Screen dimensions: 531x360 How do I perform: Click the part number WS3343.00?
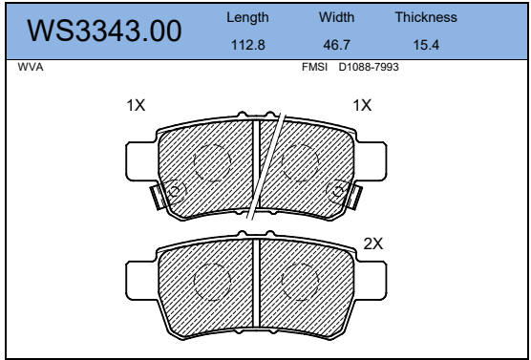pyautogui.click(x=104, y=31)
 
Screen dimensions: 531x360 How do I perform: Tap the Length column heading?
pyautogui.click(x=247, y=17)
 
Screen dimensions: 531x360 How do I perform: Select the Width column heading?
pyautogui.click(x=336, y=17)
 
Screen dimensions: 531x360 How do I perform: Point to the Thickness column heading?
pyautogui.click(x=426, y=17)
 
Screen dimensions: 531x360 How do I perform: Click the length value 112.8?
pyautogui.click(x=248, y=45)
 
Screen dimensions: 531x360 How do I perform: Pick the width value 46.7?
pyautogui.click(x=336, y=45)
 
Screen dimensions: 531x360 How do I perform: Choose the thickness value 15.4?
pyautogui.click(x=426, y=45)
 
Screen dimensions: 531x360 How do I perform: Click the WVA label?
pyautogui.click(x=31, y=67)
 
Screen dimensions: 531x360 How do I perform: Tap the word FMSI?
pyautogui.click(x=314, y=67)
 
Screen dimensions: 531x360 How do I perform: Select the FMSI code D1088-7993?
pyautogui.click(x=369, y=67)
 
